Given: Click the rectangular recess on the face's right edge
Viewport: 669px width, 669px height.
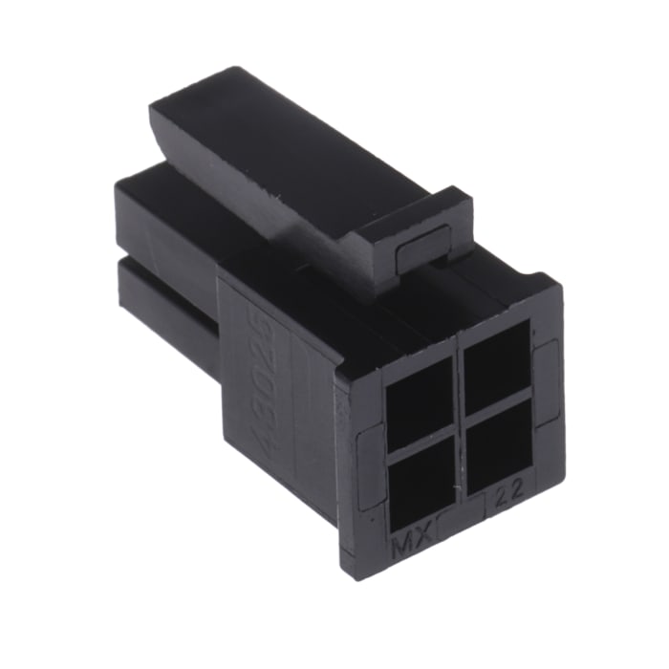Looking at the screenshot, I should click(x=544, y=378).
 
